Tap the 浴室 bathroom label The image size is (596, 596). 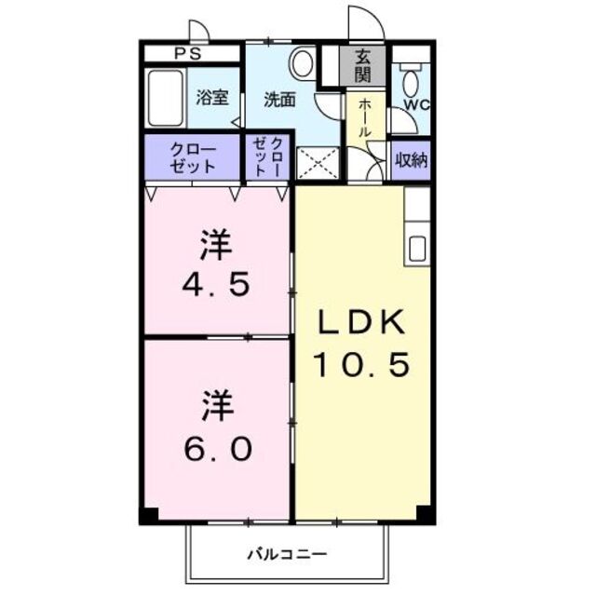click(x=212, y=98)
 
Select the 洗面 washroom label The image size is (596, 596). click(x=278, y=99)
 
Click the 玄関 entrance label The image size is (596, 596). click(x=362, y=65)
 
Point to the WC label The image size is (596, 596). click(x=415, y=104)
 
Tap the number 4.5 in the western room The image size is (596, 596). click(x=215, y=283)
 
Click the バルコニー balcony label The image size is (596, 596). click(x=286, y=555)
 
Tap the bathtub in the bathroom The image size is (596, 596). click(x=169, y=100)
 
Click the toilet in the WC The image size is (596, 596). click(x=411, y=79)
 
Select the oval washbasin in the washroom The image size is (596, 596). click(x=301, y=63)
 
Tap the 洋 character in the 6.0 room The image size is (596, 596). click(x=215, y=406)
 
